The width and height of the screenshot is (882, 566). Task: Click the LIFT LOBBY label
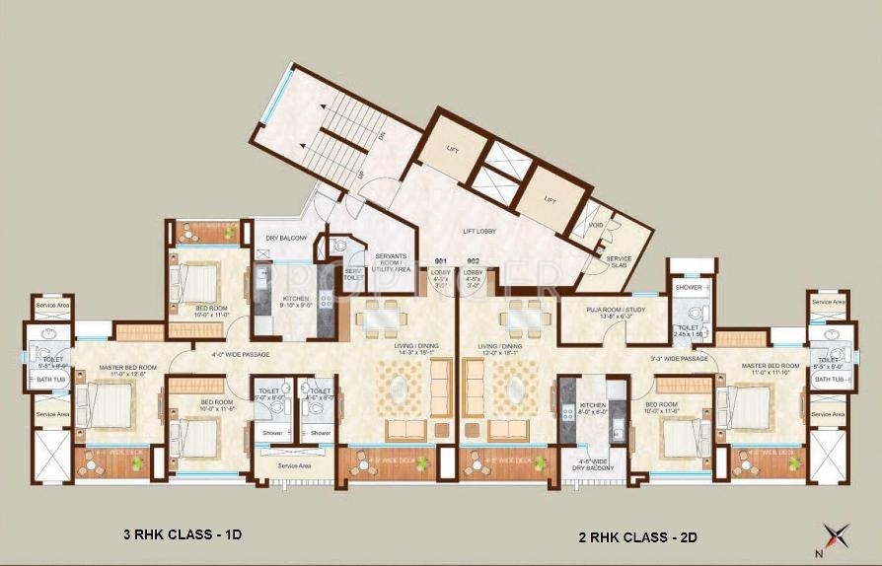click(x=479, y=232)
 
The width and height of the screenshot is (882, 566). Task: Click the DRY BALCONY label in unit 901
click(x=287, y=238)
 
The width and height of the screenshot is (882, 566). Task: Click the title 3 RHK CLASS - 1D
click(x=184, y=535)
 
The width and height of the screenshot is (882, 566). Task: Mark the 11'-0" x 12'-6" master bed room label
click(x=121, y=373)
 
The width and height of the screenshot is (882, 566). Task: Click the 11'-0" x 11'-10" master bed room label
click(x=767, y=370)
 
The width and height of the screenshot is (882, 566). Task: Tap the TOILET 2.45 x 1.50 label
click(x=688, y=330)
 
